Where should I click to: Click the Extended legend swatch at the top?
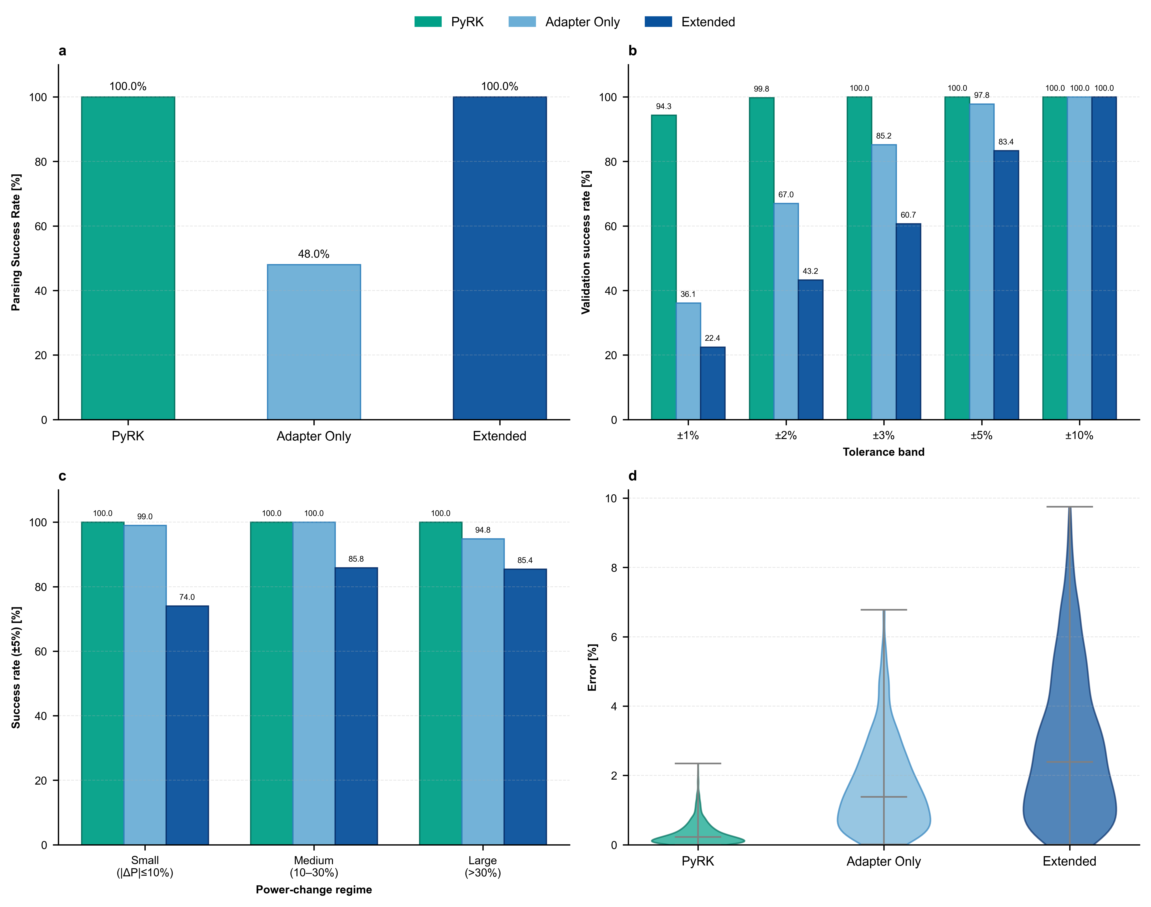tap(658, 22)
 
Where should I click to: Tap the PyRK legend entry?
tap(449, 22)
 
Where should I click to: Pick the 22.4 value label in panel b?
tap(712, 338)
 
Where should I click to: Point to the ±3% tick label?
tap(883, 435)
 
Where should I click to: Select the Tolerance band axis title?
tap(883, 452)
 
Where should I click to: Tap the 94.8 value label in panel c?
tap(483, 530)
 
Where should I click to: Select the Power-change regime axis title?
tap(314, 890)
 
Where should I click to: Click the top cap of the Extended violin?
tap(1069, 507)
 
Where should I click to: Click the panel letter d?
tap(632, 476)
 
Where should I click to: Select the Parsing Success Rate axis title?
tap(16, 242)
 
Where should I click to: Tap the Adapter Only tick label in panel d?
tap(883, 861)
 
